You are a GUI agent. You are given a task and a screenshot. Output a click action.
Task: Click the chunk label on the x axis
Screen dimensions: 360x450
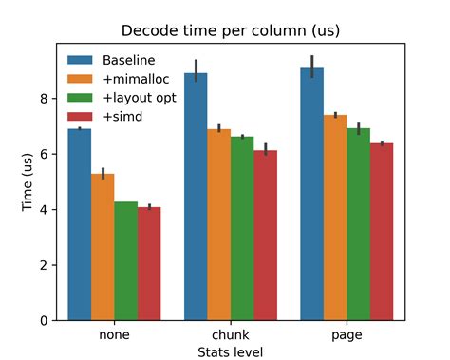230,334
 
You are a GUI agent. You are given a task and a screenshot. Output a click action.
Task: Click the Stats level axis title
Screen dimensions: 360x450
230,351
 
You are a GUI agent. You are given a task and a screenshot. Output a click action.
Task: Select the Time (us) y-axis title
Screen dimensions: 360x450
28,182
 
